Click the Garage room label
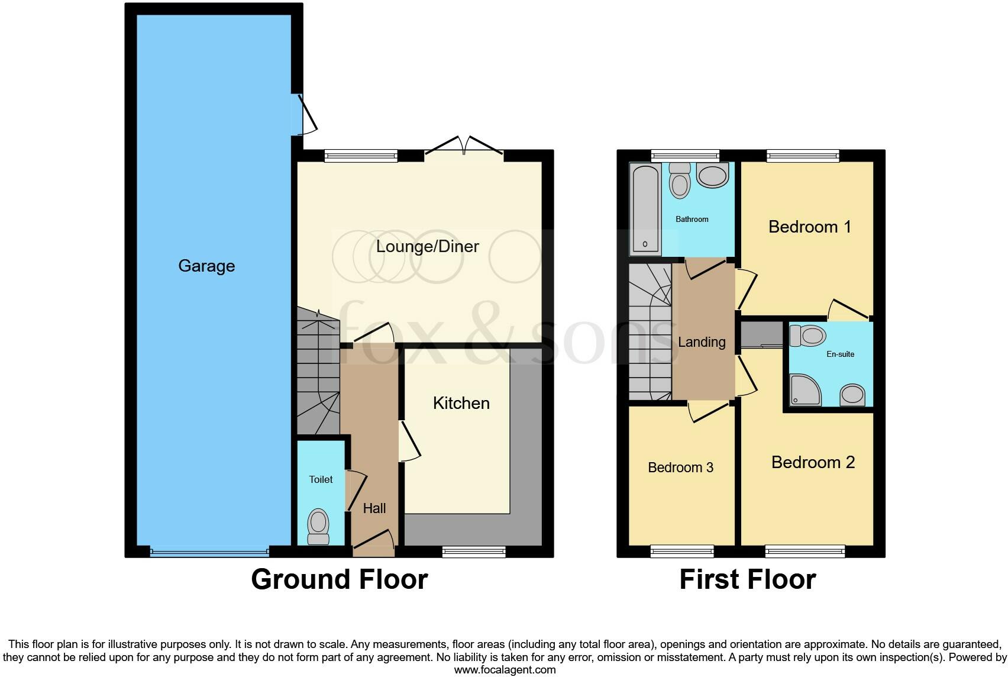pyautogui.click(x=206, y=266)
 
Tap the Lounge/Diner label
pyautogui.click(x=427, y=246)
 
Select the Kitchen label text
pyautogui.click(x=461, y=403)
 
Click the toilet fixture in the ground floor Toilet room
pyautogui.click(x=318, y=526)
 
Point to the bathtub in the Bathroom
pyautogui.click(x=645, y=208)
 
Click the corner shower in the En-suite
pyautogui.click(x=805, y=391)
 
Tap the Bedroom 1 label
pyautogui.click(x=809, y=227)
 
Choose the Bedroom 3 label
pyautogui.click(x=680, y=468)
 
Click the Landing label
pyautogui.click(x=702, y=342)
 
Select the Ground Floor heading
pyautogui.click(x=339, y=579)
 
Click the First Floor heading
pyautogui.click(x=747, y=579)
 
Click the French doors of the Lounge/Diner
pyautogui.click(x=464, y=148)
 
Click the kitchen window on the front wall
pyautogui.click(x=474, y=552)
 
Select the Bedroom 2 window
pyautogui.click(x=805, y=552)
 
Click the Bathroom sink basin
pyautogui.click(x=712, y=176)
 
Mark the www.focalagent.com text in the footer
pyautogui.click(x=505, y=670)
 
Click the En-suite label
pyautogui.click(x=840, y=354)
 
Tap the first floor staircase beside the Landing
pyautogui.click(x=650, y=331)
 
